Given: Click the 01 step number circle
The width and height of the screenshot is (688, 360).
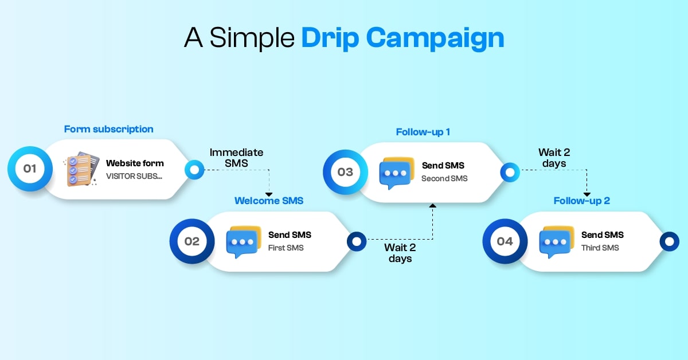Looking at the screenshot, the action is (30, 169).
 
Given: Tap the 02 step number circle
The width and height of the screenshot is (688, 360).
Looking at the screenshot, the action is (192, 241).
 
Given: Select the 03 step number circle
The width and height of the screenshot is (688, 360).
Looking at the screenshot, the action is (345, 172).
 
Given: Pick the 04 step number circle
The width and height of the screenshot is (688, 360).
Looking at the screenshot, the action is (505, 241).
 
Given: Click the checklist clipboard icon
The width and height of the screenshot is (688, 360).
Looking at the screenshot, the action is (81, 169).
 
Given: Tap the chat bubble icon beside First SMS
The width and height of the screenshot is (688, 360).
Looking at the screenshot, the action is (244, 242).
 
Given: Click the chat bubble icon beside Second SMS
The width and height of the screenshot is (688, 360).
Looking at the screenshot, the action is (397, 173).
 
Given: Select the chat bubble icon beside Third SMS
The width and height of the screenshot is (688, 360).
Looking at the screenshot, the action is (557, 242).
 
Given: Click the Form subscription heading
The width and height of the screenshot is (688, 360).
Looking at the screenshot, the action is (109, 130).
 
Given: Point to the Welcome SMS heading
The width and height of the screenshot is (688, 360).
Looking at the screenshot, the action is (269, 201).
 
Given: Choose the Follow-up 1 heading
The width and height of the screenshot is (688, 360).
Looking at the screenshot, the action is (423, 132).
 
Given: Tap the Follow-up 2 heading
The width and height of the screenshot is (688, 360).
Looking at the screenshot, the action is (582, 201).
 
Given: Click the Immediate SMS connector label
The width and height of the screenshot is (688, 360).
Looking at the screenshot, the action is (236, 158).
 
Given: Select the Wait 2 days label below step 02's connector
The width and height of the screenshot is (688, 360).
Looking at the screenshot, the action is (400, 253).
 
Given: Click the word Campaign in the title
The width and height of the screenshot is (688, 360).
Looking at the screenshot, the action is (435, 38).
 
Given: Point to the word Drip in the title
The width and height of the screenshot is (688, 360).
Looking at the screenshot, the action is (330, 38).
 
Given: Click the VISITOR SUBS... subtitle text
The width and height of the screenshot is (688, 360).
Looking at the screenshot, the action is (134, 176).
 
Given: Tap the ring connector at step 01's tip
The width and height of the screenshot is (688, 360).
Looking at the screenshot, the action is (194, 170).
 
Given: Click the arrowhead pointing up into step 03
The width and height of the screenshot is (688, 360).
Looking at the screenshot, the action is (433, 205).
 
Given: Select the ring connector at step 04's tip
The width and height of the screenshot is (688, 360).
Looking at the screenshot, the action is (669, 241).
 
